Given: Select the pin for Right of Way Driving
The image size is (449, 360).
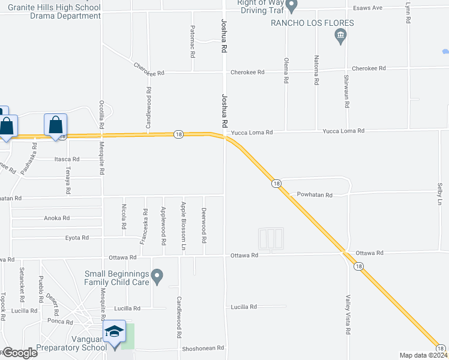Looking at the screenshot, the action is pyautogui.click(x=292, y=6).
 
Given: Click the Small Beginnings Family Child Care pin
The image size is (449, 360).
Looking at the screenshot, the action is pyautogui.click(x=157, y=277).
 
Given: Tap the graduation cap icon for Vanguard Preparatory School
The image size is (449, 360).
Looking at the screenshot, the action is pyautogui.click(x=114, y=332).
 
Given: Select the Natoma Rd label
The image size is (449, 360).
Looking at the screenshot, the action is pyautogui.click(x=316, y=70).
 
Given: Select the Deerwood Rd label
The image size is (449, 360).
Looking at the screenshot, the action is pyautogui.click(x=204, y=225).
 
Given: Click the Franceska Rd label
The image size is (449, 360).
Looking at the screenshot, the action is pyautogui.click(x=144, y=226).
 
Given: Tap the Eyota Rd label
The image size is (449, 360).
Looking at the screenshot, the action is pyautogui.click(x=77, y=238).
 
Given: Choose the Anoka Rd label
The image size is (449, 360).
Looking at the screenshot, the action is pyautogui.click(x=58, y=218).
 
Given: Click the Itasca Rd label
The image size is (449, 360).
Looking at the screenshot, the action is pyautogui.click(x=67, y=159).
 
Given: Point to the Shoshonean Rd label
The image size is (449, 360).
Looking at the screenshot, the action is pyautogui.click(x=203, y=348).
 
